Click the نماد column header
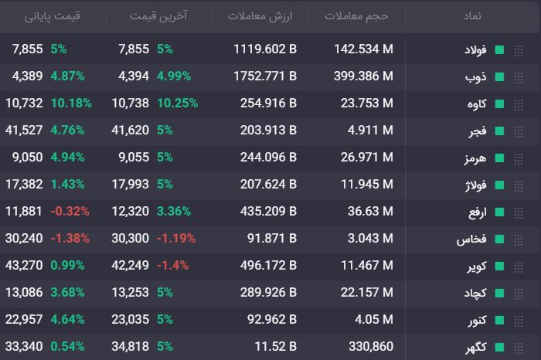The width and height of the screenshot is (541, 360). pyautogui.click(x=472, y=16)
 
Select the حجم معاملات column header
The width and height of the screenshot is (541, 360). pyautogui.click(x=356, y=16)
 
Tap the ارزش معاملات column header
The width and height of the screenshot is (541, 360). pyautogui.click(x=260, y=16)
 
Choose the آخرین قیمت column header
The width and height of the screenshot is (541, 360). pyautogui.click(x=158, y=16)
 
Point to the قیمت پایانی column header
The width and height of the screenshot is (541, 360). pyautogui.click(x=52, y=16)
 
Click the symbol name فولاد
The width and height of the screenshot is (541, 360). pyautogui.click(x=475, y=50)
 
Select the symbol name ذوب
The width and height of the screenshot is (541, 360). pyautogui.click(x=476, y=76)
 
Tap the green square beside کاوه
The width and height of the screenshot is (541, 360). pyautogui.click(x=499, y=104)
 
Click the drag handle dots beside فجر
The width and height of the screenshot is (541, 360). pyautogui.click(x=519, y=131)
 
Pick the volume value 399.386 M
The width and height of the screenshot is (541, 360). pyautogui.click(x=363, y=76)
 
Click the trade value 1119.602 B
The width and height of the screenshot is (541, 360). pyautogui.click(x=265, y=49)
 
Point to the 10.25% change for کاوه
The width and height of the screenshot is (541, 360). pyautogui.click(x=177, y=103)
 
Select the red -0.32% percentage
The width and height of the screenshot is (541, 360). pyautogui.click(x=70, y=211)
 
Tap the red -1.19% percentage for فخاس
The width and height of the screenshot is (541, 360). pyautogui.click(x=176, y=238)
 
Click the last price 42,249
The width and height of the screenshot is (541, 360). pyautogui.click(x=130, y=265)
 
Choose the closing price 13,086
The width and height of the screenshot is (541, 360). pyautogui.click(x=24, y=293)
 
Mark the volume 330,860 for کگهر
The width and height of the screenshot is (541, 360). pyautogui.click(x=371, y=346)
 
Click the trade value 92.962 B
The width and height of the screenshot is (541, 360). pyautogui.click(x=272, y=319)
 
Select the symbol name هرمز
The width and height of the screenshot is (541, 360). pyautogui.click(x=475, y=158)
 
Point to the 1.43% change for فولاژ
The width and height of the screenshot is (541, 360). pyautogui.click(x=68, y=184)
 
